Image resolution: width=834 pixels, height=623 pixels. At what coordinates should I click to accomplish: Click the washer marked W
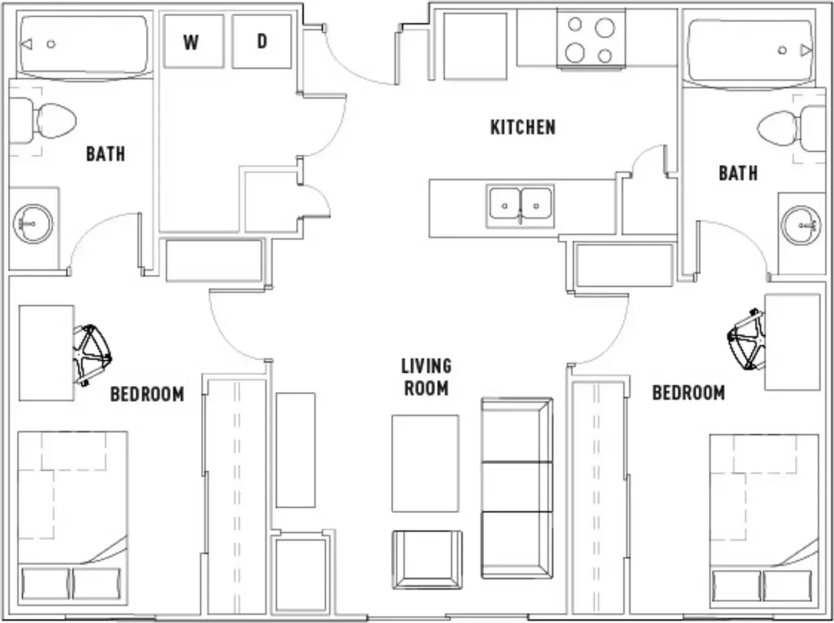(x=194, y=42)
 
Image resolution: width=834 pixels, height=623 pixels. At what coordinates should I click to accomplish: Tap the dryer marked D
(x=262, y=42)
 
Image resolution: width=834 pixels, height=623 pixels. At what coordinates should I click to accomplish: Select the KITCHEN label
(x=523, y=127)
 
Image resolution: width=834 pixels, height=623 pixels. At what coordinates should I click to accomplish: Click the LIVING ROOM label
(x=426, y=377)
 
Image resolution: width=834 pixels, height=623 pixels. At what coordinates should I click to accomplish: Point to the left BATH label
(x=106, y=154)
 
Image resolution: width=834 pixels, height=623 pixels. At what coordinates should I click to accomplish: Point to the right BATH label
(x=738, y=173)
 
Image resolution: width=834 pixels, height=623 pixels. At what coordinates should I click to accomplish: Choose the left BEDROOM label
(x=147, y=394)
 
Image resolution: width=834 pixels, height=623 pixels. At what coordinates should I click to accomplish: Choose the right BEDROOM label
(x=688, y=393)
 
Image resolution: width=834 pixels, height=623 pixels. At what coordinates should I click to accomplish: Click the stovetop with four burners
(x=591, y=40)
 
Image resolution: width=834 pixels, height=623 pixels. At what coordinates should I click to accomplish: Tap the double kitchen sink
(x=520, y=206)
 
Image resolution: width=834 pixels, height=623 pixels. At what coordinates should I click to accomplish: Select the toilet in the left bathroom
(x=42, y=121)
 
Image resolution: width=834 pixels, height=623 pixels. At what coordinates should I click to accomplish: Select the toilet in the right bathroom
(x=791, y=129)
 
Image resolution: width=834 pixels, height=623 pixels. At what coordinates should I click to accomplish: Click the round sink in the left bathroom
(x=33, y=224)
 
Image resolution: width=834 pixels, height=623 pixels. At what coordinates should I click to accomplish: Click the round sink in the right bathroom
(x=801, y=226)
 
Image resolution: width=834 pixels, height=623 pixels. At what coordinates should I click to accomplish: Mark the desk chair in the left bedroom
(x=92, y=355)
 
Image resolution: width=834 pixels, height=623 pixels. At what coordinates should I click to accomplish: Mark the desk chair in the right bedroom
(x=746, y=340)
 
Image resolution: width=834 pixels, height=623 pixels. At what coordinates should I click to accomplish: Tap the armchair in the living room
(x=427, y=560)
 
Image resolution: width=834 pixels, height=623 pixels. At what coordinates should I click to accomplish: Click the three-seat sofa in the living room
(x=517, y=488)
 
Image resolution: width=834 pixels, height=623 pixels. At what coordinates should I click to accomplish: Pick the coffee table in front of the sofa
(x=426, y=463)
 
